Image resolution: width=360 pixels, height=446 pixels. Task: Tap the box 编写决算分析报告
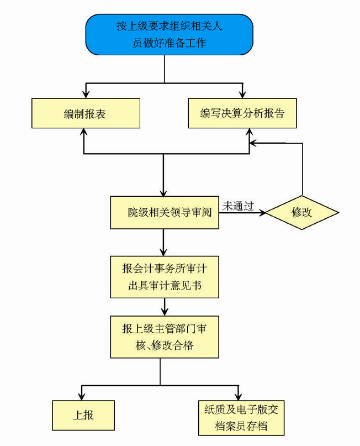pyautogui.click(x=242, y=114)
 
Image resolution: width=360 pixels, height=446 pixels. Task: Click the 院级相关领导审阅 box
pyautogui.click(x=164, y=212)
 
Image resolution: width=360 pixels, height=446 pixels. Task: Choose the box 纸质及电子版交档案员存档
pyautogui.click(x=241, y=418)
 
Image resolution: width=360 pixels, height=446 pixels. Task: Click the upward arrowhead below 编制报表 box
pyautogui.click(x=83, y=133)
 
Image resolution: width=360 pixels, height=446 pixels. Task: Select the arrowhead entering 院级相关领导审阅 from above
pyautogui.click(x=164, y=192)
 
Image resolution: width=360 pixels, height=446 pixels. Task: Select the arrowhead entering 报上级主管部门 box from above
pyautogui.click(x=164, y=312)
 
